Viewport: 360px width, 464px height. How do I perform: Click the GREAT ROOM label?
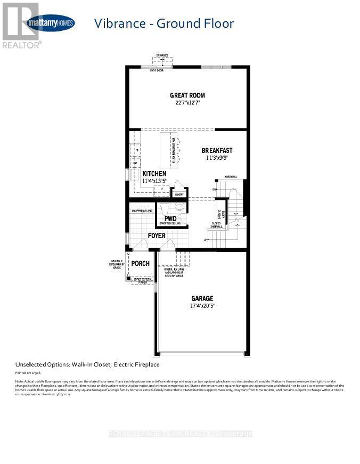click(187, 95)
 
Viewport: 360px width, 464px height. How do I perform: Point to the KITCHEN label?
click(154, 174)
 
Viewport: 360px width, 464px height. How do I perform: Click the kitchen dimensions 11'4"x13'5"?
click(154, 182)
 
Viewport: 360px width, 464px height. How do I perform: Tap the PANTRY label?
click(178, 194)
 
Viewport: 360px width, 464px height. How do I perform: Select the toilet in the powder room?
click(164, 207)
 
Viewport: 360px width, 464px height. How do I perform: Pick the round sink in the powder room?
click(179, 207)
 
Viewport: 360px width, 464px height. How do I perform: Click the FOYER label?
click(157, 235)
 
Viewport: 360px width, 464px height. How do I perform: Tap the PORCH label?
click(141, 264)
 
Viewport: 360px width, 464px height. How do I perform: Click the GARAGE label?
click(202, 298)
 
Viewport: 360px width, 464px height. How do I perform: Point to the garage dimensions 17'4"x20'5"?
click(202, 306)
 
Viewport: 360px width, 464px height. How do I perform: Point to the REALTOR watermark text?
click(21, 45)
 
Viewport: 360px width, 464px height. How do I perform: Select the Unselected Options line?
click(87, 364)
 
